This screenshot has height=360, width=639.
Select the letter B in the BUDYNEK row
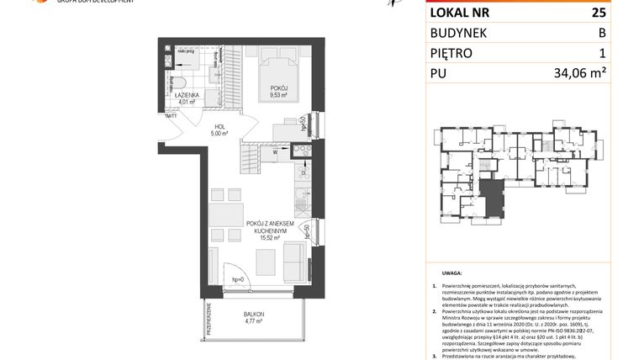point(625,33)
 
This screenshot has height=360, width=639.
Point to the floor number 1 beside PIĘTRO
point(625,53)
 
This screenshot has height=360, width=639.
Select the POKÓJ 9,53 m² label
point(279,91)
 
